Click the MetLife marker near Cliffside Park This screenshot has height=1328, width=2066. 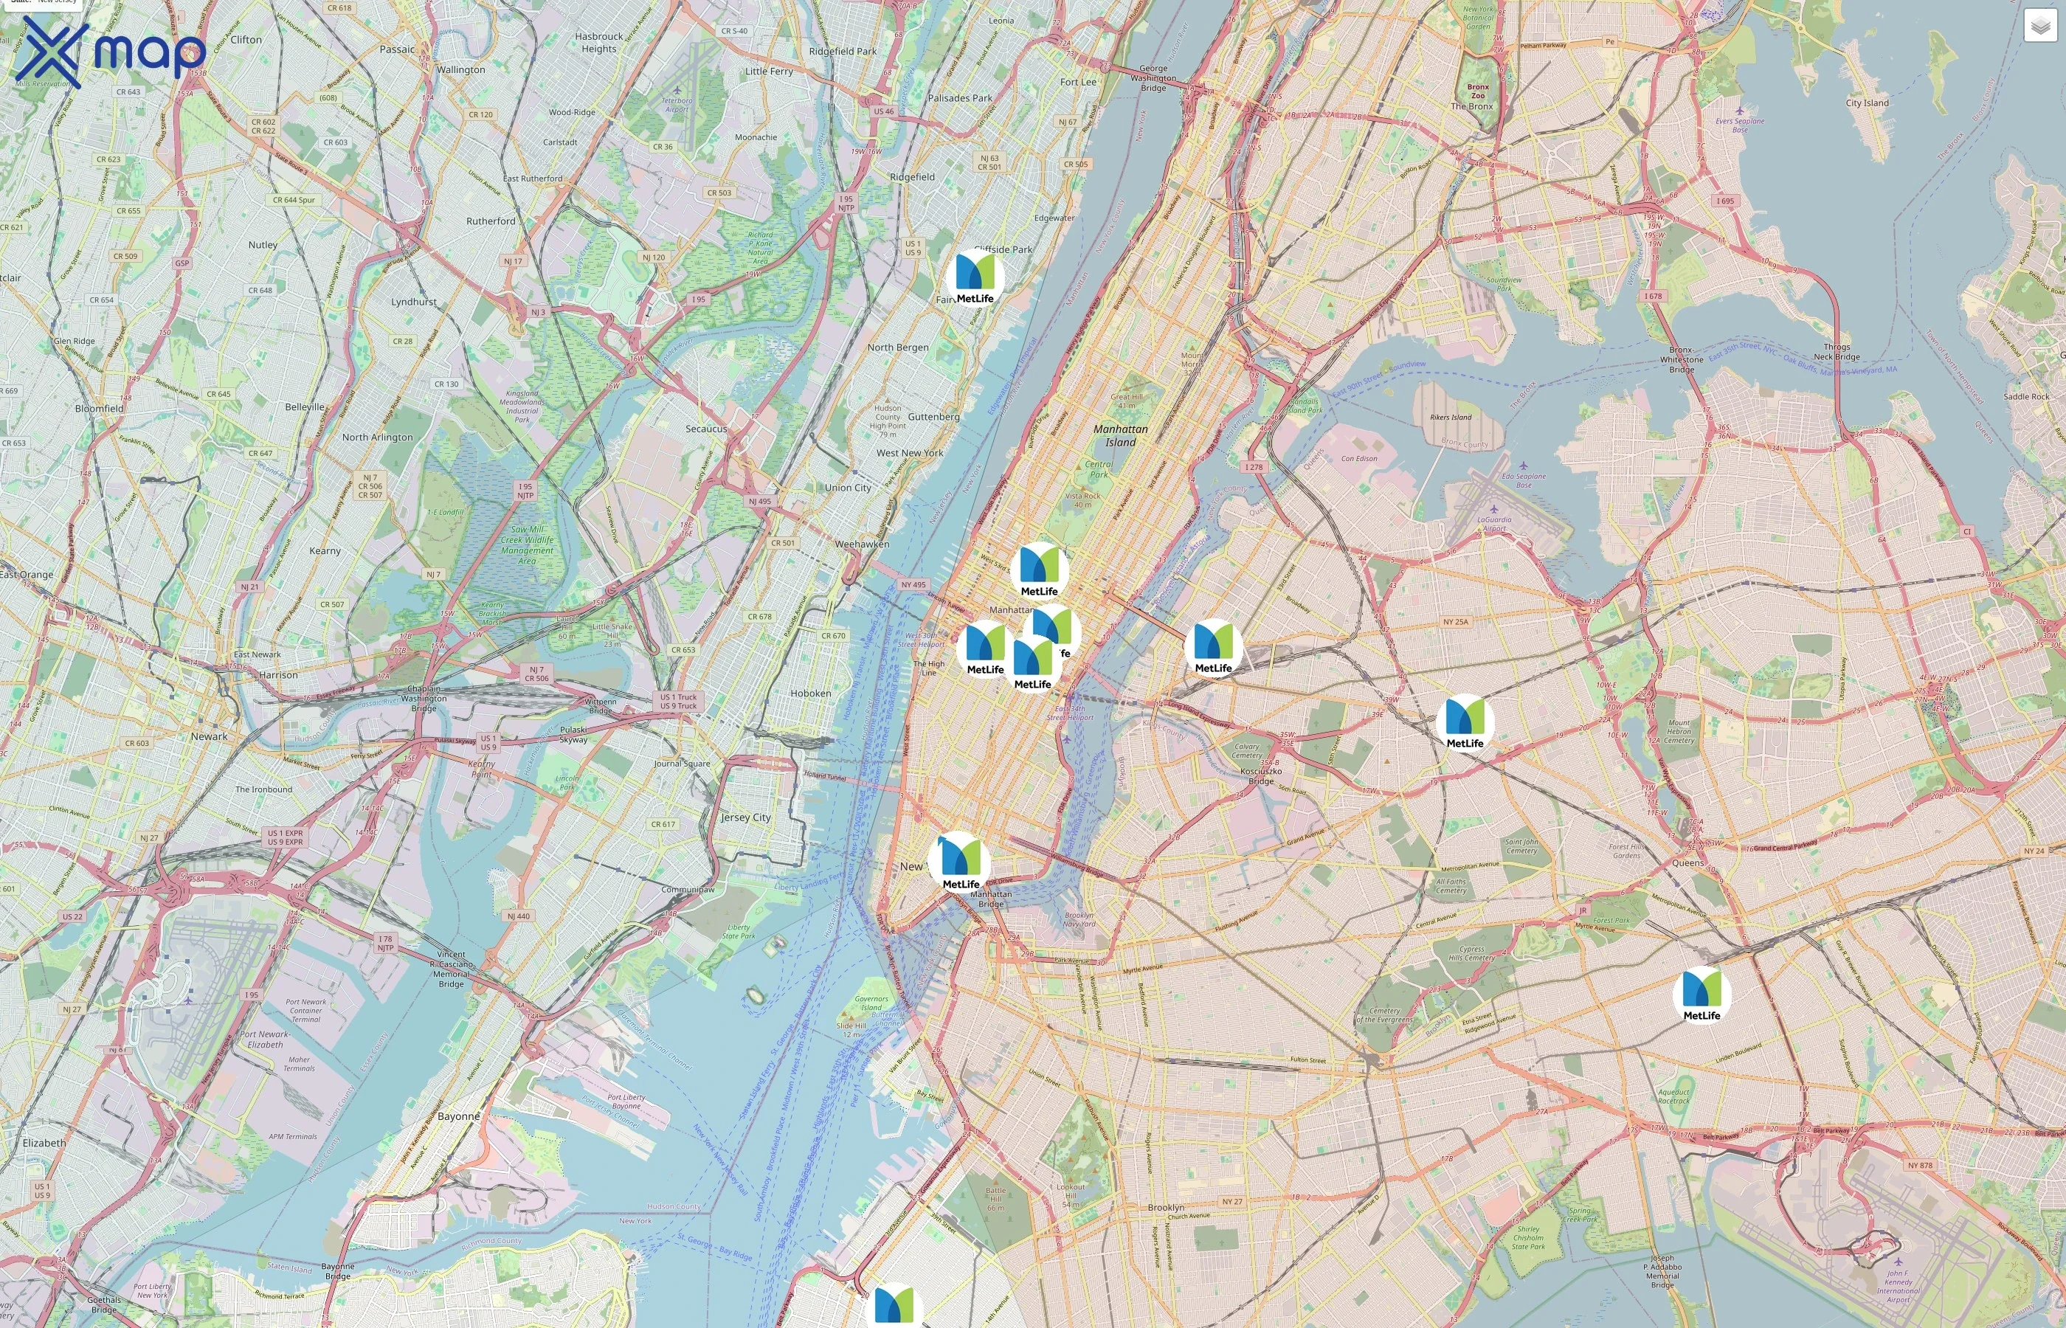[x=975, y=276]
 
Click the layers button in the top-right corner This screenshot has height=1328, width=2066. [x=2039, y=26]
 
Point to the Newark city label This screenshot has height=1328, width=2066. [x=209, y=736]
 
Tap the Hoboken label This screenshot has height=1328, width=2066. [x=810, y=694]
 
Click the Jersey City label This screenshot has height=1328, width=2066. [x=746, y=817]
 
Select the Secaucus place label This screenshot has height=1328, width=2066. [x=705, y=429]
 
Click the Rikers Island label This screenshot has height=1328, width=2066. [x=1451, y=418]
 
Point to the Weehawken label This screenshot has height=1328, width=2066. [x=861, y=544]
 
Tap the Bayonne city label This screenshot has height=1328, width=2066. [x=458, y=1116]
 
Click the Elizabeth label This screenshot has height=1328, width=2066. [x=44, y=1143]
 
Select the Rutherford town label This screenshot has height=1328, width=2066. [x=491, y=221]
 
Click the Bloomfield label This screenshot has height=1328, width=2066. [x=99, y=409]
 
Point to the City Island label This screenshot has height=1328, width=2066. [x=1867, y=103]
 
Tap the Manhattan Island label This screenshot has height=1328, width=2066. [x=1120, y=435]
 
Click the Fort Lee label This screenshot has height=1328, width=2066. [x=1078, y=82]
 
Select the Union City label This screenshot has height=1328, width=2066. [x=848, y=487]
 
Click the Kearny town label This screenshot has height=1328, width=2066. [x=325, y=550]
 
